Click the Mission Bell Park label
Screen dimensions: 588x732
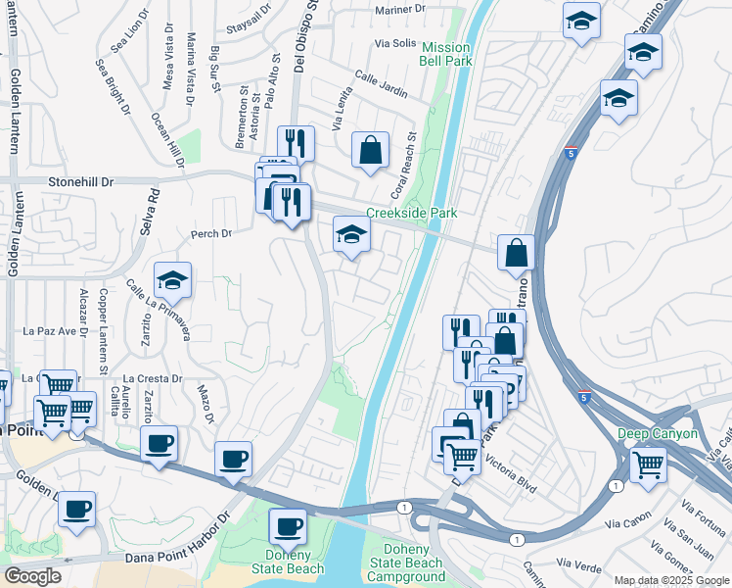446,54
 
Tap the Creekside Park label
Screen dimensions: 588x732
412,213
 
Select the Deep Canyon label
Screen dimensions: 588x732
658,433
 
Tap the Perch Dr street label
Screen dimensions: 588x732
211,234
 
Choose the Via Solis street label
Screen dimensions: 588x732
395,44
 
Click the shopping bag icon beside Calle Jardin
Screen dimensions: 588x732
371,152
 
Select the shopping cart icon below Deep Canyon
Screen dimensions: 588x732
648,463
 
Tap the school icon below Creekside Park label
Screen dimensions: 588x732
352,235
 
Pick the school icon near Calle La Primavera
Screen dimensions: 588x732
171,281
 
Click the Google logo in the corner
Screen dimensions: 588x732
32,577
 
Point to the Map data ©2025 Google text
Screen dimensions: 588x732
671,581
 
